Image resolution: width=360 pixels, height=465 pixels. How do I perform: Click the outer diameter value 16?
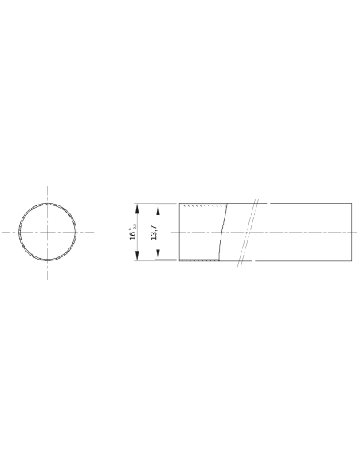coord(132,235)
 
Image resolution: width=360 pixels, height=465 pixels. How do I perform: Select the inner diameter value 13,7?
coord(154,232)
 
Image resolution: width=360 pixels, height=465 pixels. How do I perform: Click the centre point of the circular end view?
coord(49,232)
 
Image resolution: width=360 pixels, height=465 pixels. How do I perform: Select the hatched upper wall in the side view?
coord(199,206)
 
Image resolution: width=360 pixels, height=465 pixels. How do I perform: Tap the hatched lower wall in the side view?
coord(199,259)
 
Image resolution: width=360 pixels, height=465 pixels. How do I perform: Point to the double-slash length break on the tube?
coord(246,232)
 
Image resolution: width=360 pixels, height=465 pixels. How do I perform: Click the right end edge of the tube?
coord(351,232)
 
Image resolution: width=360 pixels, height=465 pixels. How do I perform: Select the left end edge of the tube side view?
coord(179,232)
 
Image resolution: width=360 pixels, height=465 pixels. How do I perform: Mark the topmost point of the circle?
coord(49,202)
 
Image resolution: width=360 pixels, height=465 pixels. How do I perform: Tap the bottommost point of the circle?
coord(49,261)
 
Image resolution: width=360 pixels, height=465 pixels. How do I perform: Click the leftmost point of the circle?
coord(19,232)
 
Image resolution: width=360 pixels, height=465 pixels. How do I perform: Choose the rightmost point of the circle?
coord(78,232)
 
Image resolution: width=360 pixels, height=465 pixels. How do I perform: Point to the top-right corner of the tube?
coord(351,204)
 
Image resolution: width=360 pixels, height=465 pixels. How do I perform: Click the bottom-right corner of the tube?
coord(351,260)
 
